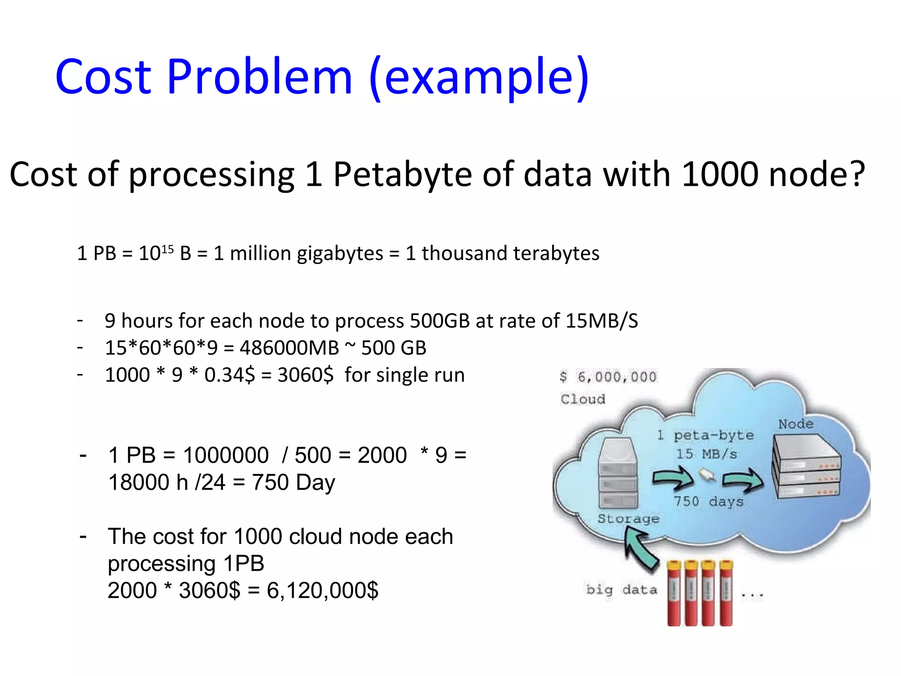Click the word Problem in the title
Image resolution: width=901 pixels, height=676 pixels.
[260, 77]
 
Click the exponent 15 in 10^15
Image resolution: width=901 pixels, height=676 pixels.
[168, 249]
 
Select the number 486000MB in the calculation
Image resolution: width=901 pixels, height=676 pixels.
[289, 348]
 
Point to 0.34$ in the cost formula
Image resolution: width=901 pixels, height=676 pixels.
[229, 375]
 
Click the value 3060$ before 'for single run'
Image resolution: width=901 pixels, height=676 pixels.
[305, 375]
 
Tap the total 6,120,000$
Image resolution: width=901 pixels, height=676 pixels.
[322, 591]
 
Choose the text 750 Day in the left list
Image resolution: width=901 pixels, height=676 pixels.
[293, 482]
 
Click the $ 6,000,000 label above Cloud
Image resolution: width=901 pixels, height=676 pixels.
[608, 377]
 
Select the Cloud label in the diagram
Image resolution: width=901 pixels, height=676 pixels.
[583, 399]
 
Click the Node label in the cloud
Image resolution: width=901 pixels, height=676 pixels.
[795, 424]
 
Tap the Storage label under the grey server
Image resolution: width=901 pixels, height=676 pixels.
[628, 518]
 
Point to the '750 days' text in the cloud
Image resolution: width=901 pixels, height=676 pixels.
[708, 501]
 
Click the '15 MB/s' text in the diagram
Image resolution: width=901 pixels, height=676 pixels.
[706, 454]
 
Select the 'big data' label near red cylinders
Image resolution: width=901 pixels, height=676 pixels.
[622, 590]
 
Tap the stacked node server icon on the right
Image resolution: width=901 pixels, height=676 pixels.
[806, 467]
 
